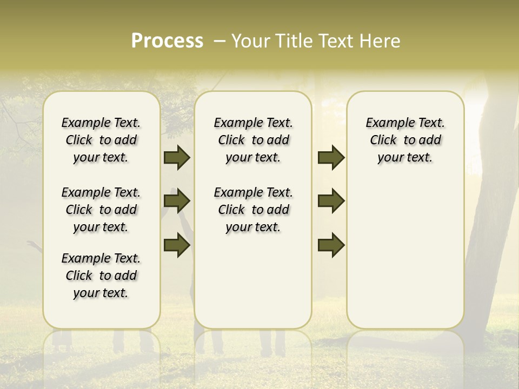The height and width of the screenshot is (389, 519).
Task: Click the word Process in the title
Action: pyautogui.click(x=167, y=41)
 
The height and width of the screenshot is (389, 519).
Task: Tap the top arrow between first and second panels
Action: pyautogui.click(x=176, y=158)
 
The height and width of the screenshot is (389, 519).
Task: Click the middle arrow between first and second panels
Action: pyautogui.click(x=176, y=202)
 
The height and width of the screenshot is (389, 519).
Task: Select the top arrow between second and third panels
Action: pyautogui.click(x=331, y=158)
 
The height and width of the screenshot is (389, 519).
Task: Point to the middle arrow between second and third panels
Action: pyautogui.click(x=331, y=202)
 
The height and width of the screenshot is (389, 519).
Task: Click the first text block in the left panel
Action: pyautogui.click(x=101, y=140)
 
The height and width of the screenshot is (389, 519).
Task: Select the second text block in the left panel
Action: pyautogui.click(x=101, y=210)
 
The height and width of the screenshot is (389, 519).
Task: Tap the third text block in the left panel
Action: pyautogui.click(x=101, y=276)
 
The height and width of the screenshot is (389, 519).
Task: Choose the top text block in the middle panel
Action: pyautogui.click(x=254, y=140)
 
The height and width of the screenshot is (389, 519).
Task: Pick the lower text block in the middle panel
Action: pyautogui.click(x=254, y=210)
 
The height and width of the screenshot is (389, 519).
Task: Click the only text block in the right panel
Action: pyautogui.click(x=405, y=140)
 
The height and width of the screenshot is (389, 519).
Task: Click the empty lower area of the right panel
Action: pyautogui.click(x=405, y=259)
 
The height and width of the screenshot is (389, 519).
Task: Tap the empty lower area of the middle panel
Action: pyautogui.click(x=254, y=281)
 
